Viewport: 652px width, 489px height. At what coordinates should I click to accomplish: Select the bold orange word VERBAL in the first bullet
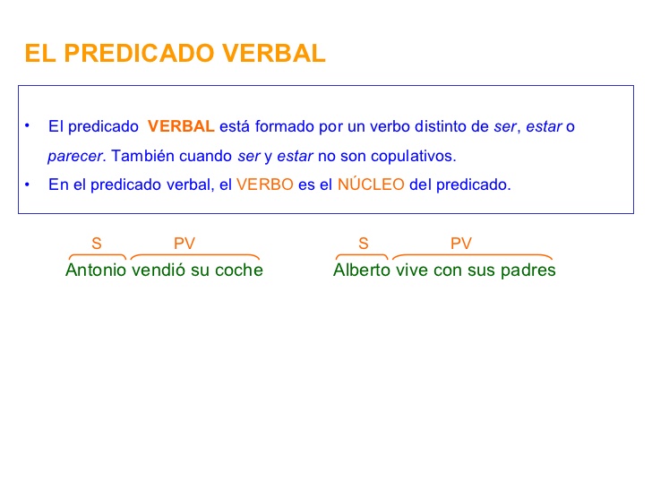[181, 126]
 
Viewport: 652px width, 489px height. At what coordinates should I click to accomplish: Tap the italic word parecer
[76, 156]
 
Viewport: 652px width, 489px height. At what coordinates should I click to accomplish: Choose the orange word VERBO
[265, 185]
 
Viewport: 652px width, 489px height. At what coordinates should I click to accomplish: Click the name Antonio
[96, 270]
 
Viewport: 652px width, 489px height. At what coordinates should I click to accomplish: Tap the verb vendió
[159, 270]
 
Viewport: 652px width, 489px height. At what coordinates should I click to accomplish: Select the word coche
[239, 270]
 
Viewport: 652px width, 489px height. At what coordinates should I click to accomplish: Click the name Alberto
[362, 270]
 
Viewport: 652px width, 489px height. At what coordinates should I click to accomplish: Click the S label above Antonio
[97, 244]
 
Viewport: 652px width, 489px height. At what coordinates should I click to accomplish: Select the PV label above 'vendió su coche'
[184, 244]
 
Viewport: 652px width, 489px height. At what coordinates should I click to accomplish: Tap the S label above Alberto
[364, 244]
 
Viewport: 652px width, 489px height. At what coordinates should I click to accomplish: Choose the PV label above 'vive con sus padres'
[461, 244]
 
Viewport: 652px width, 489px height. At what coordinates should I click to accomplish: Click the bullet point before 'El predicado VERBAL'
[28, 125]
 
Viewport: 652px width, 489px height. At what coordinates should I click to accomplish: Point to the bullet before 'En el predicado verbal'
[28, 184]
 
